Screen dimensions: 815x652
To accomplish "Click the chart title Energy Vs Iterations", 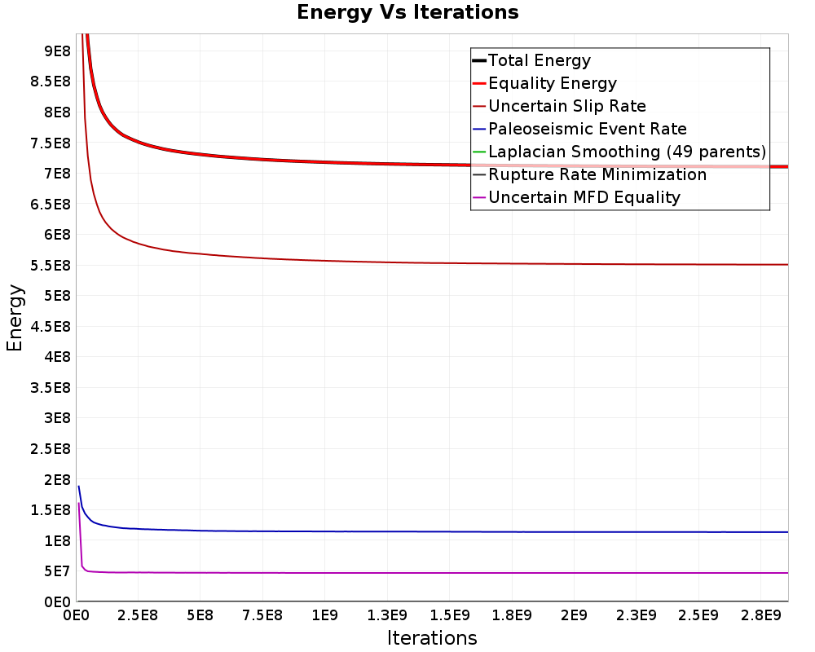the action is [x=407, y=12].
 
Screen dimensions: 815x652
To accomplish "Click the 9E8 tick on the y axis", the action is [x=57, y=51].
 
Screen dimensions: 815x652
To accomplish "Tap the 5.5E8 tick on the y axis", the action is [x=51, y=265].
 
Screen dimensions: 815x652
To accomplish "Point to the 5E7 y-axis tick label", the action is [x=57, y=571].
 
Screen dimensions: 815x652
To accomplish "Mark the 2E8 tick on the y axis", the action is [x=57, y=479].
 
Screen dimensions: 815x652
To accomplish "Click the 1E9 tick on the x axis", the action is [x=325, y=615].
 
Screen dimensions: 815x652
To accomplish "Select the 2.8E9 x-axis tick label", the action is [x=761, y=615].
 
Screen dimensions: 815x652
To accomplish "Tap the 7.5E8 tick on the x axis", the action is [x=262, y=615].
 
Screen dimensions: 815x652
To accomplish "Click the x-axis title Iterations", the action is [x=432, y=637].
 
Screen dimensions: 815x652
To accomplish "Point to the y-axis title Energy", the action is [x=15, y=318].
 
